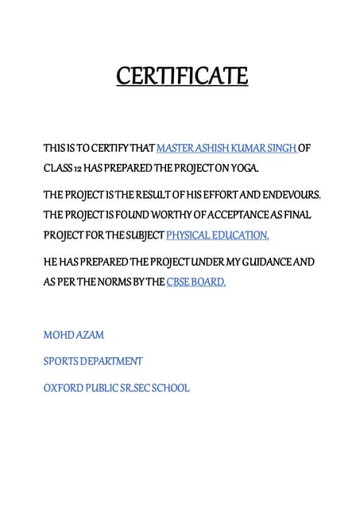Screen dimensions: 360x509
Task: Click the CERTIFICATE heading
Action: (182, 76)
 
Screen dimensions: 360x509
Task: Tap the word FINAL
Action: (294, 216)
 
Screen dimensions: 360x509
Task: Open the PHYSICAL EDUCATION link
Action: (217, 236)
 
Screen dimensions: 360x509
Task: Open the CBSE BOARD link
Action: (196, 282)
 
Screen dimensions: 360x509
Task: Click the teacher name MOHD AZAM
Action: (73, 336)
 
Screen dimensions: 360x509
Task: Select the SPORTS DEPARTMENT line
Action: (92, 362)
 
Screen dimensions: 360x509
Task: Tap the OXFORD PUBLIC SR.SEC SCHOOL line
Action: (116, 388)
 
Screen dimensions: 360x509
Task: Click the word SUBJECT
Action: (143, 236)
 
